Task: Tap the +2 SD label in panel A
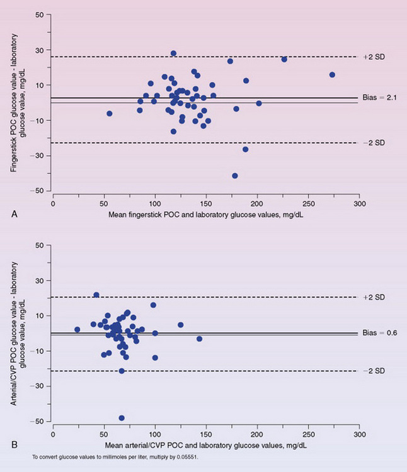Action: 375,57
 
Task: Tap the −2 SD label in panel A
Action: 375,143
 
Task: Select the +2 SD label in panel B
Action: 375,297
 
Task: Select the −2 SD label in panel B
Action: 375,371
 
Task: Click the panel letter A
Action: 14,215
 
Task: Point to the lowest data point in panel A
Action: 235,176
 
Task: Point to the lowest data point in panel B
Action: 122,418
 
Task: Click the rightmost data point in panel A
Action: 332,75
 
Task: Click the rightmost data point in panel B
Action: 199,339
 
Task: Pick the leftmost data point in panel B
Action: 77,329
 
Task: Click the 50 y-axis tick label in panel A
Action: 38,14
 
